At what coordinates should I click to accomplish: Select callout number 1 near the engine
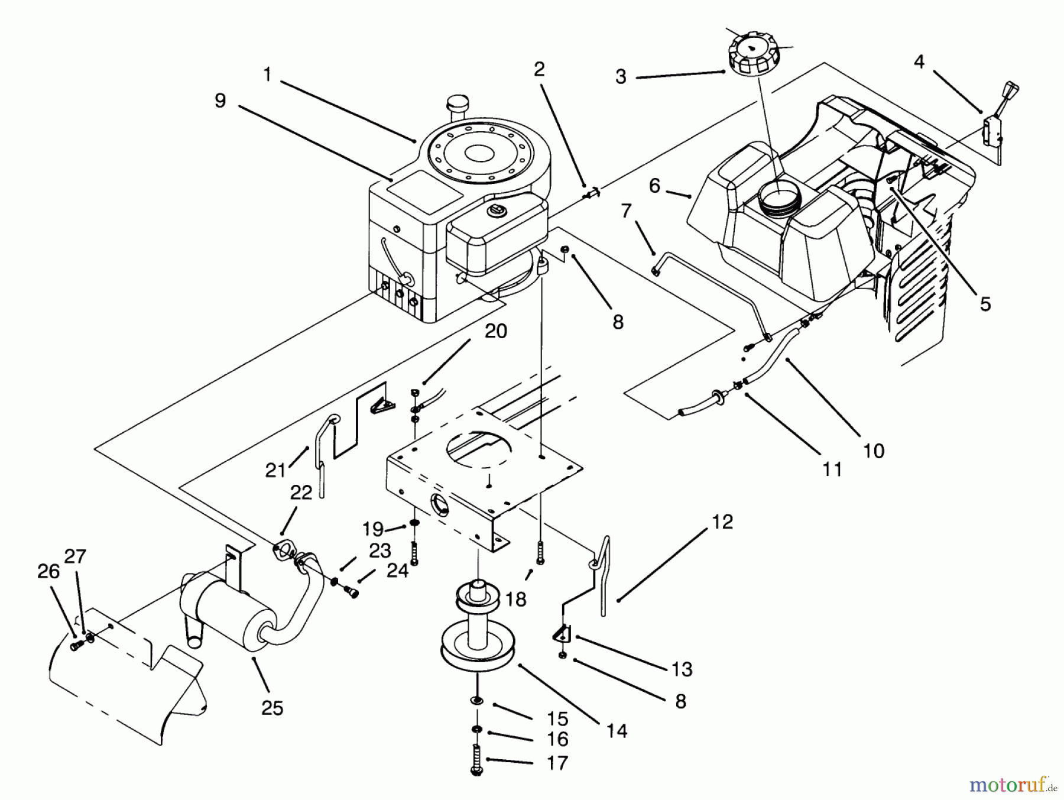267,75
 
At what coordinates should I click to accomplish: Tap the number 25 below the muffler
273,708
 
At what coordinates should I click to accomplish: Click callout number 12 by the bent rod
722,522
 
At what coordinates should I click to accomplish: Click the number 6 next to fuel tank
654,186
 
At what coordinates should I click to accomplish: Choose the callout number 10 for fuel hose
874,451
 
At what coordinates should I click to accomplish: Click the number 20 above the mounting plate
495,331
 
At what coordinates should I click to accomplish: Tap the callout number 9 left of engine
220,101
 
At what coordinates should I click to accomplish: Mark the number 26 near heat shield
48,571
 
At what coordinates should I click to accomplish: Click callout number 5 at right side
985,304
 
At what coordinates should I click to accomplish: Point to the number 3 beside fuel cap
621,77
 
